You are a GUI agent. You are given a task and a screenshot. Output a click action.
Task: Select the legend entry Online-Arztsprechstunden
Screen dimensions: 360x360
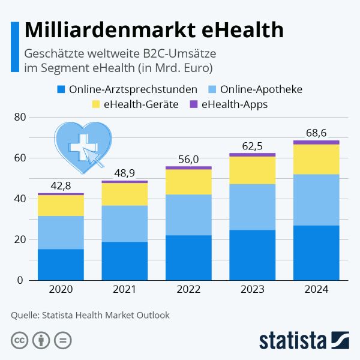tap(127, 90)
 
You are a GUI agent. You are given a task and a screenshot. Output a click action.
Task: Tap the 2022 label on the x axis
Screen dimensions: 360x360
tap(188, 289)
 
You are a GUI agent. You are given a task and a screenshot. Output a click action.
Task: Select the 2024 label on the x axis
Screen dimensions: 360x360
tap(316, 289)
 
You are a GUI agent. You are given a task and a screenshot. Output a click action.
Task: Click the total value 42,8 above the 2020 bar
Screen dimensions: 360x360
tap(61, 185)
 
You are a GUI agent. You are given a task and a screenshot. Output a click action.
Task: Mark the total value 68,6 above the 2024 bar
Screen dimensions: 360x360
tap(316, 133)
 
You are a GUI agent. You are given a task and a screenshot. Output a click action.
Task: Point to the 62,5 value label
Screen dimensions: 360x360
tap(252, 145)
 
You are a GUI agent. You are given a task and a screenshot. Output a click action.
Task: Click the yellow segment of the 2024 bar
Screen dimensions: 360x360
tap(316, 159)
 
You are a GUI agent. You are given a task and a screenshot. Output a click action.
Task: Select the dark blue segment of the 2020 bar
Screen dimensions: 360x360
tap(61, 265)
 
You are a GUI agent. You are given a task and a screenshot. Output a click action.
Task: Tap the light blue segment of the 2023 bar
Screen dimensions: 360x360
tap(252, 207)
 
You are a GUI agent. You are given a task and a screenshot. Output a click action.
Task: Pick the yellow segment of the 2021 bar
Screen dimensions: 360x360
tap(124, 194)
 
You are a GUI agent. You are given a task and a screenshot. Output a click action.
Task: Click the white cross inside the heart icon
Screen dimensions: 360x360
tap(78, 146)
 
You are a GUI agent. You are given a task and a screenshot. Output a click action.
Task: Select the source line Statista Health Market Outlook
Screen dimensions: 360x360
tap(90, 314)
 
